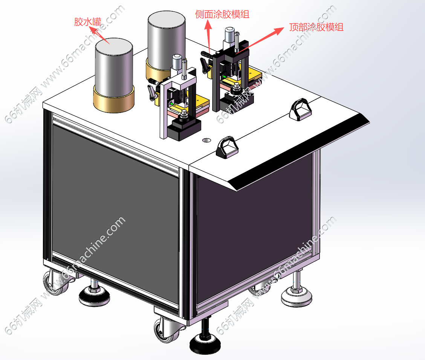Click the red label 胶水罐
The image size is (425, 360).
tap(87, 22)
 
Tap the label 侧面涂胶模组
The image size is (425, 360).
tap(222, 14)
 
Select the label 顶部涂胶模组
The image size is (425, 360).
tap(316, 27)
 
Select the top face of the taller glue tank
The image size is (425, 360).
tap(167, 21)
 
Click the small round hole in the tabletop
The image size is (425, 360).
tap(207, 140)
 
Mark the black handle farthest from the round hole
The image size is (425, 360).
tap(301, 109)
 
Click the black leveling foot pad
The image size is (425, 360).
tap(205, 344)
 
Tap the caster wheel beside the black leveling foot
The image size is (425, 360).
tap(165, 331)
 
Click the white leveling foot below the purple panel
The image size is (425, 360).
tap(297, 297)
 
